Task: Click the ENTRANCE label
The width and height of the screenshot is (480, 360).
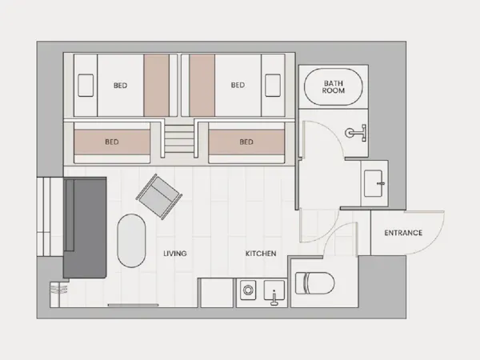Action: [x=403, y=233]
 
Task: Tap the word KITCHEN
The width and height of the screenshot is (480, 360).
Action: [x=261, y=254]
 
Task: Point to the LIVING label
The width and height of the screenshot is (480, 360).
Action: [x=174, y=254]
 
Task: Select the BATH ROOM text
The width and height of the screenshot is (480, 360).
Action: [x=333, y=87]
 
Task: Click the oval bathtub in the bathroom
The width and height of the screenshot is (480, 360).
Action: [x=333, y=87]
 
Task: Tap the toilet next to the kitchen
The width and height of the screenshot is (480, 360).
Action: [x=314, y=283]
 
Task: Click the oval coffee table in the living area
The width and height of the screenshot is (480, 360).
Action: [x=131, y=241]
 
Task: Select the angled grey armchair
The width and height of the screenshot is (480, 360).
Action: [x=159, y=197]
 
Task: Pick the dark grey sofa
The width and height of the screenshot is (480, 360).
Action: [x=85, y=227]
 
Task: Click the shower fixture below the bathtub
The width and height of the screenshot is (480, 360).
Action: [x=356, y=133]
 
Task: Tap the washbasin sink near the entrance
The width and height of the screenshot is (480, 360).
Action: [x=374, y=183]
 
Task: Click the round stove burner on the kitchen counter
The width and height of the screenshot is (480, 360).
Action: [x=248, y=290]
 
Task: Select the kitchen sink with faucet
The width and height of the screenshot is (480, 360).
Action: [x=274, y=293]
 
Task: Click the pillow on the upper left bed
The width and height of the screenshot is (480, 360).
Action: [x=86, y=86]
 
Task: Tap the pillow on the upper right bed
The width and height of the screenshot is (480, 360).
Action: [x=273, y=86]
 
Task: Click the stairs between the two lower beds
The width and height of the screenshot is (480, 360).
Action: [x=179, y=139]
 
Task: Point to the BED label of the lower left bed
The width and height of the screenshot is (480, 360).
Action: [x=112, y=142]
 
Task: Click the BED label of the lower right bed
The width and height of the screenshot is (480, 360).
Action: [x=246, y=142]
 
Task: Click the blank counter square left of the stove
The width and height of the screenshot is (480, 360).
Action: [x=217, y=293]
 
